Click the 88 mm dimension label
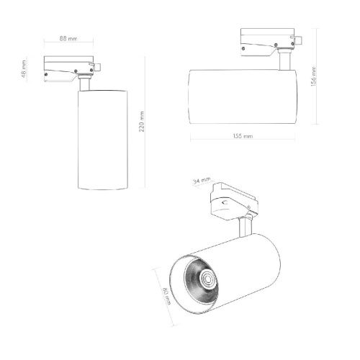coord(68,38)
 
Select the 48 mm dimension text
coord(24,69)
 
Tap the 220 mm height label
coord(142,122)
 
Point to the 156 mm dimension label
coord(313,76)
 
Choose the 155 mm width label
coord(243,136)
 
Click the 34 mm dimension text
coord(202,181)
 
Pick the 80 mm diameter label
coord(167,296)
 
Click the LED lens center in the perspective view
coord(207,279)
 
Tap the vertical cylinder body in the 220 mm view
coord(103,140)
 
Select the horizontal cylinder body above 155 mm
coord(243,96)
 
